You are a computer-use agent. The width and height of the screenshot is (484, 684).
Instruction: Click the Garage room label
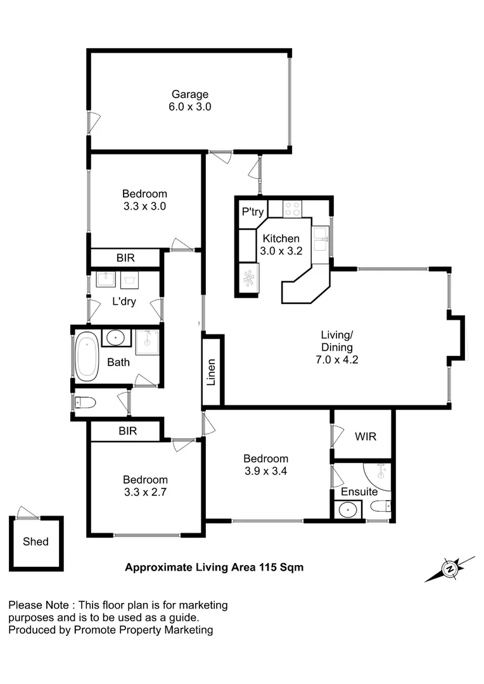189,94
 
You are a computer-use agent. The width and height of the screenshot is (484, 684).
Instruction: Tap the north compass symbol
450,569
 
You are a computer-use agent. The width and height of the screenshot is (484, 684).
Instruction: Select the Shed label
35,541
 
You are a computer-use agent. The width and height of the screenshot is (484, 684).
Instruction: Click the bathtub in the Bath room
86,357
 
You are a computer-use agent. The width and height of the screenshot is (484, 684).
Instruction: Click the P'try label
252,212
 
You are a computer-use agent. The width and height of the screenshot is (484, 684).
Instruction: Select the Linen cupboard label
212,372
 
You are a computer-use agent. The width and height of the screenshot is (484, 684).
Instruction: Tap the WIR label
366,437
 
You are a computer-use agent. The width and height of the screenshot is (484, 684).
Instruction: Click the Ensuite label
359,491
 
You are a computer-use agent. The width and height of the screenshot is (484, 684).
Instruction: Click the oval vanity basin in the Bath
116,338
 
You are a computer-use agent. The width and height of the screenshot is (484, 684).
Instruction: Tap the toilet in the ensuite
381,506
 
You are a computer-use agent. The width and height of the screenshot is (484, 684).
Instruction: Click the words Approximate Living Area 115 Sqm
214,567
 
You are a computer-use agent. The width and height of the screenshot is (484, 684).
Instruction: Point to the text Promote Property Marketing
143,630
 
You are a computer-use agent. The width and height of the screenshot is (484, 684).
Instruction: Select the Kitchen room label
281,239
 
